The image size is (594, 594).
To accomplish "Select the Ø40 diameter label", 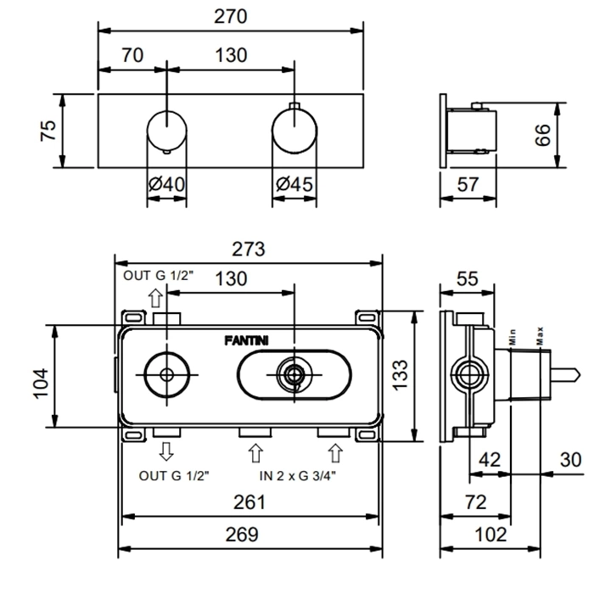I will (x=168, y=183).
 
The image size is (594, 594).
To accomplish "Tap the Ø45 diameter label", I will (x=294, y=183).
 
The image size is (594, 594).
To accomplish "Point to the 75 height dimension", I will (x=49, y=130).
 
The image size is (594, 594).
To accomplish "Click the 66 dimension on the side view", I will (x=544, y=132).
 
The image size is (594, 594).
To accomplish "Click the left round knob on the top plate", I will (x=166, y=130).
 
